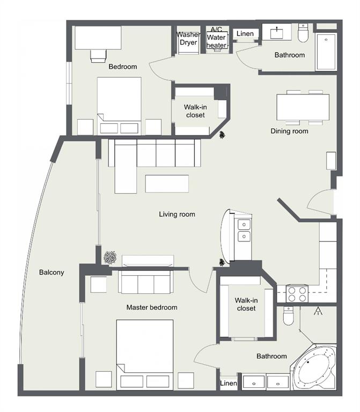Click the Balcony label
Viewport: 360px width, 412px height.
click(52, 272)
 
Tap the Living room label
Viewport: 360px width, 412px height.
click(177, 214)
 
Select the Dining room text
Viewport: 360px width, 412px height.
click(289, 131)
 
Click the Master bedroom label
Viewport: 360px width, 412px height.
click(152, 307)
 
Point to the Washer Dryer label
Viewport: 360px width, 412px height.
click(188, 39)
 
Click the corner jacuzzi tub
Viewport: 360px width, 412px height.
click(314, 367)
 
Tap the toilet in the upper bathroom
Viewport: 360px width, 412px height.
click(303, 33)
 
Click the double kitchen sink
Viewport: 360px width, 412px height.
click(244, 231)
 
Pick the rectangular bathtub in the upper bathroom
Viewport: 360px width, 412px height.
click(326, 51)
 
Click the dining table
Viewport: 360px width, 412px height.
click(303, 107)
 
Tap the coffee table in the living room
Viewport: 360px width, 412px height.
click(167, 183)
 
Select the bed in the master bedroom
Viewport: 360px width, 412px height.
click(144, 354)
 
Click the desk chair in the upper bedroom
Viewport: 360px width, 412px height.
click(99, 56)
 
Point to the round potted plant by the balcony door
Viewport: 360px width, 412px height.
click(110, 257)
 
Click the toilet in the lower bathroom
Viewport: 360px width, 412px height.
click(288, 315)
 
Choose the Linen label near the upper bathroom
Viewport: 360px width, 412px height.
click(245, 34)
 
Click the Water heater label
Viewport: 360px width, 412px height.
click(216, 41)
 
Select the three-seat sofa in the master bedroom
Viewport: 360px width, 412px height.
click(146, 282)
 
